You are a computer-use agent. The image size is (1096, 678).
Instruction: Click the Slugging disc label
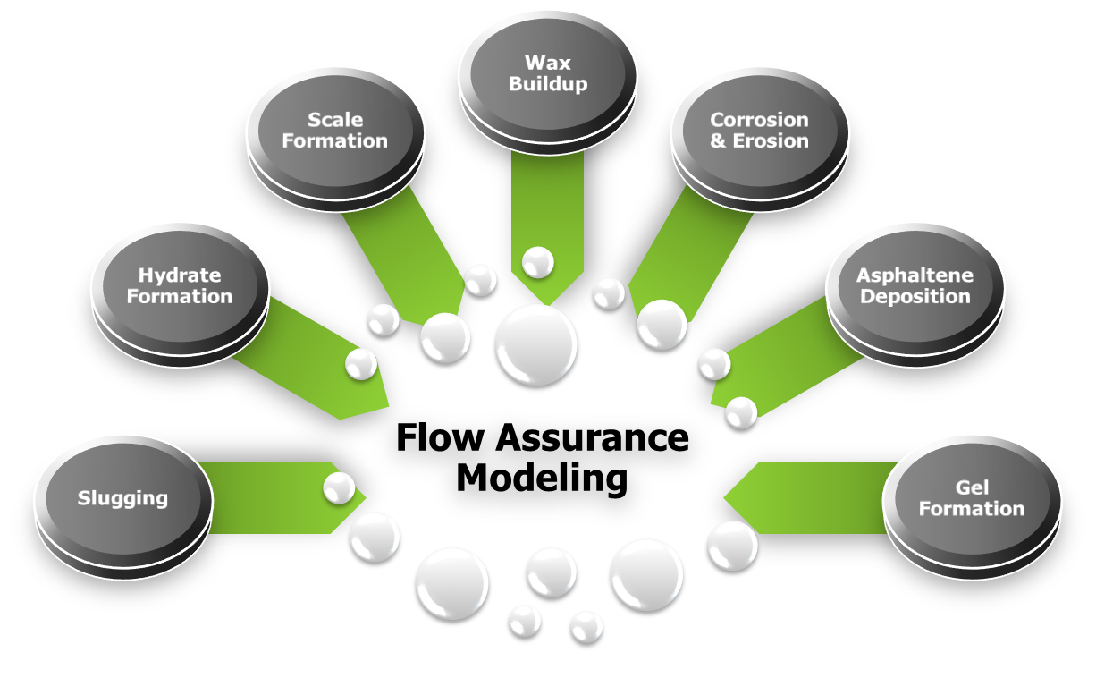[122, 498]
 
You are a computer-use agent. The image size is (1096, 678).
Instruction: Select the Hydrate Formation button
[180, 285]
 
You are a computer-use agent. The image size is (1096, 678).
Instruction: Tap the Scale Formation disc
[335, 130]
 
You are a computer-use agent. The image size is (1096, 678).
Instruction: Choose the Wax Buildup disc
[547, 73]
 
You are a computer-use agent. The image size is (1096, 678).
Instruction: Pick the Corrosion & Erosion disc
[759, 130]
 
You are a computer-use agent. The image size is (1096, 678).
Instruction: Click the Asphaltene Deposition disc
[915, 285]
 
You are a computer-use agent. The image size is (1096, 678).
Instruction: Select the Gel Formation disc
[972, 498]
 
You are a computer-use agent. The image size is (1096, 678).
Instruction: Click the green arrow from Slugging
[268, 497]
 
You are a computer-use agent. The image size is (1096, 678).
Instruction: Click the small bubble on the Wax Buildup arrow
[538, 262]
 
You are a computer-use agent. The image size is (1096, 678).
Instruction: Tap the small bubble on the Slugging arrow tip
[339, 487]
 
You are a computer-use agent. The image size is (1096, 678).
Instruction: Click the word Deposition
[915, 296]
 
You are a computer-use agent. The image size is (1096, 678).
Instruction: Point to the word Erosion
[771, 140]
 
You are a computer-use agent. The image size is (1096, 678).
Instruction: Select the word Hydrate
[180, 275]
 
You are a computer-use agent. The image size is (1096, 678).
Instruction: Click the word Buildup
[547, 84]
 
